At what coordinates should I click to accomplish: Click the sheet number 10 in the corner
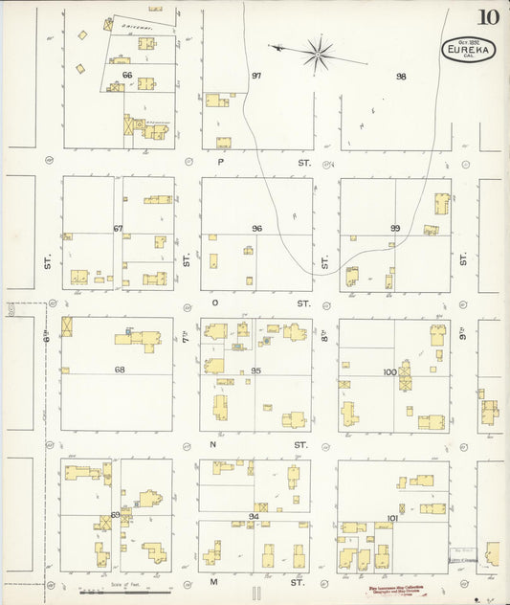click(489, 16)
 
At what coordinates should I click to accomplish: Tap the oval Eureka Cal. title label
click(462, 50)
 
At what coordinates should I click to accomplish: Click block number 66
click(126, 75)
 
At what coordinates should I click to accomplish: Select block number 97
click(256, 76)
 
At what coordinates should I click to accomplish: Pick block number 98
click(401, 76)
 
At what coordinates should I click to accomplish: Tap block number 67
click(119, 229)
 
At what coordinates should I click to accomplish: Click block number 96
click(256, 229)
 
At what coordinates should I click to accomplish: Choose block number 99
click(394, 229)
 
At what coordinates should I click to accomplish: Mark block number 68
click(120, 370)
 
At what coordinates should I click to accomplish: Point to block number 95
click(256, 370)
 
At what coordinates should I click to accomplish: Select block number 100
click(389, 371)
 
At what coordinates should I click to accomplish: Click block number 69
click(116, 515)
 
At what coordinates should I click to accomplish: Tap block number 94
click(254, 516)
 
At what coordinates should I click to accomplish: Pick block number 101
click(392, 518)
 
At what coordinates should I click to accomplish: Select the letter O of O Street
click(215, 302)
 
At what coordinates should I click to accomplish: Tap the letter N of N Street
click(214, 444)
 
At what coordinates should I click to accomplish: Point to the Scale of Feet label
click(125, 583)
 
